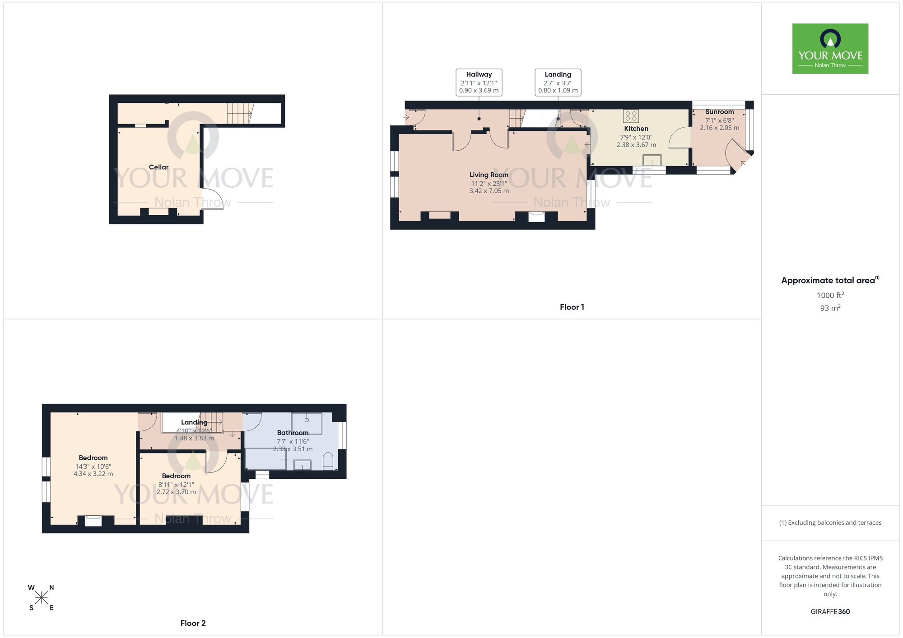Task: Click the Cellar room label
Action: [158, 167]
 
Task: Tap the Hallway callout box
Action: [479, 82]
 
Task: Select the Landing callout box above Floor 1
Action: [558, 82]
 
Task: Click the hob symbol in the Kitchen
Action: [631, 116]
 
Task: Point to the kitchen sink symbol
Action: [652, 160]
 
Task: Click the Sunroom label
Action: [719, 112]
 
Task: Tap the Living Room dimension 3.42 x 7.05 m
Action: [489, 191]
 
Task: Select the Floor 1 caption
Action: [572, 307]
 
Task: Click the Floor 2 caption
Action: [193, 623]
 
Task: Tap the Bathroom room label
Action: [293, 433]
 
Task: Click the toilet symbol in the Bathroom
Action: [328, 461]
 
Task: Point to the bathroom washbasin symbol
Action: [302, 465]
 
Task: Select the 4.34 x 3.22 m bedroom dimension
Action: [93, 474]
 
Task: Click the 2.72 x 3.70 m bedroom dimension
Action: [176, 492]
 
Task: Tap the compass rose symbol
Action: [41, 598]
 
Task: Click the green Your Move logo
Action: [830, 49]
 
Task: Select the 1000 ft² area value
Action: [830, 296]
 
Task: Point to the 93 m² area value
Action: [830, 308]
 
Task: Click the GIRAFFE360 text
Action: [830, 612]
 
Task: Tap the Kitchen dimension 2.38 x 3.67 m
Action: [636, 145]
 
